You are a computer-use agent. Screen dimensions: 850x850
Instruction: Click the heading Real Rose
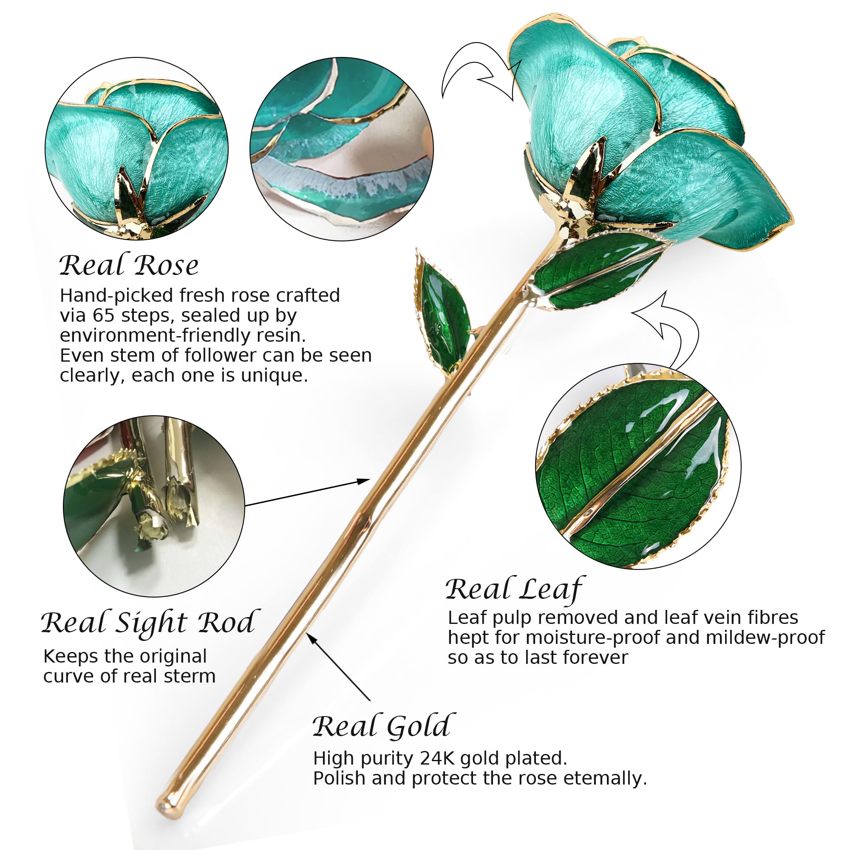128,265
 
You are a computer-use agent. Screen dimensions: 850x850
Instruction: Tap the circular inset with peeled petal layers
342,149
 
